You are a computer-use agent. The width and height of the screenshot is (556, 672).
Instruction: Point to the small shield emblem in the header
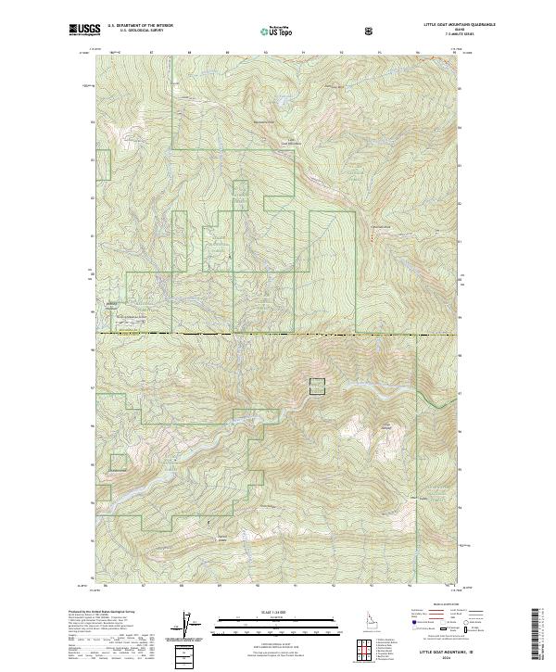coord(371,31)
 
